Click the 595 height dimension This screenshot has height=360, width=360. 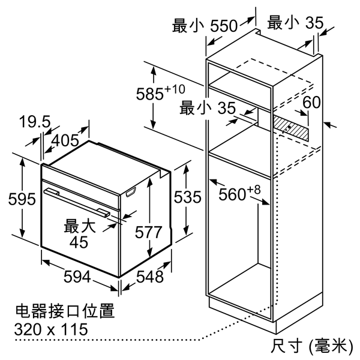[x=22, y=199]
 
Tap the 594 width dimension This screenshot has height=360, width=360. [x=77, y=277]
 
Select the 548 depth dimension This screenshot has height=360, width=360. [x=150, y=277]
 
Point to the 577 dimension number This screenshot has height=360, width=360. [x=149, y=232]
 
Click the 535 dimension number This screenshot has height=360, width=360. [x=188, y=197]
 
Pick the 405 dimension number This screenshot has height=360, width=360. [x=65, y=141]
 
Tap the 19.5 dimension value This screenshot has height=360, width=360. [x=35, y=122]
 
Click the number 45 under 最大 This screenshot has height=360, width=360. [x=79, y=242]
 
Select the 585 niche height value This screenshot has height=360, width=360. [x=150, y=94]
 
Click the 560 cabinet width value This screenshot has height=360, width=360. [x=232, y=194]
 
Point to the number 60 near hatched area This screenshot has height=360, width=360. [x=311, y=102]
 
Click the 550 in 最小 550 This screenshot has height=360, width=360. [x=224, y=26]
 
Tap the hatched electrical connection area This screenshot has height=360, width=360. [x=291, y=128]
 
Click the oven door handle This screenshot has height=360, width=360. [x=77, y=203]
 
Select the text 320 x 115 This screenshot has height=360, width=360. [x=51, y=329]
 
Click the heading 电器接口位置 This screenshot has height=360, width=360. [x=65, y=311]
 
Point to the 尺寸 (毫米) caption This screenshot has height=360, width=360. [x=311, y=346]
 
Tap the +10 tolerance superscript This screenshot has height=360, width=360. [x=175, y=89]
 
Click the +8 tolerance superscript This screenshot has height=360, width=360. [x=254, y=190]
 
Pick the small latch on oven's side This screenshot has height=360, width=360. [x=131, y=192]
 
